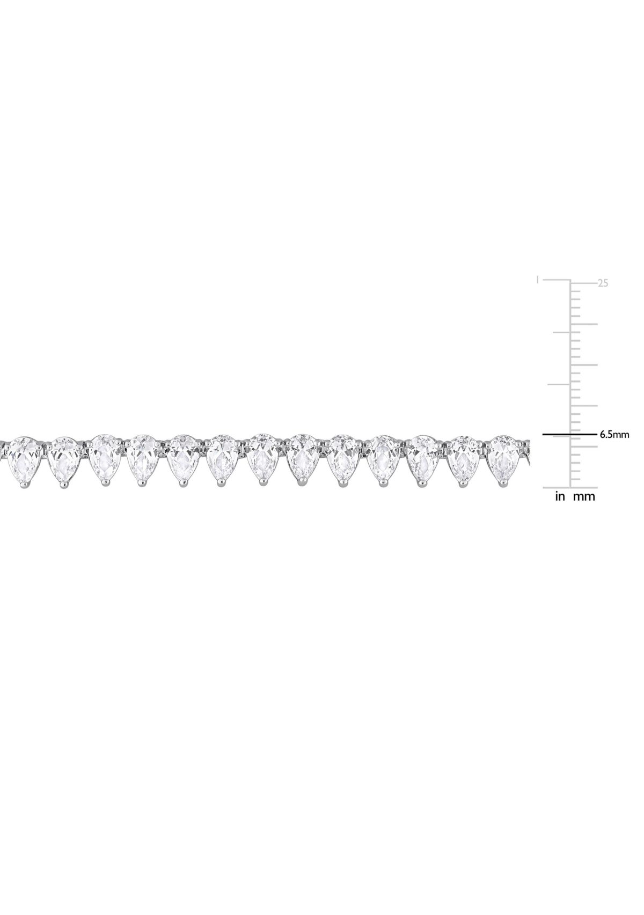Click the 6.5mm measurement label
coord(613,435)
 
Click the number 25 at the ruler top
coord(603,283)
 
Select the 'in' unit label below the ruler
coord(560,496)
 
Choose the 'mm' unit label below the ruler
coord(584,496)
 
